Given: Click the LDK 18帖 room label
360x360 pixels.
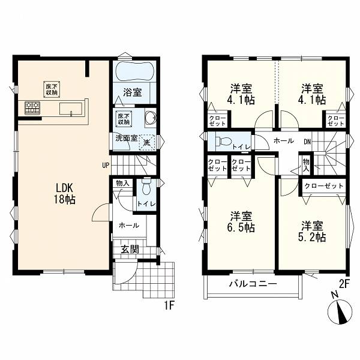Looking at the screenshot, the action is pyautogui.click(x=65, y=194).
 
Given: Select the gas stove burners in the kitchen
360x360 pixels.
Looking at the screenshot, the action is pyautogui.click(x=32, y=107).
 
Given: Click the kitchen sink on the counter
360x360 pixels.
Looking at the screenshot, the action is pyautogui.click(x=71, y=109).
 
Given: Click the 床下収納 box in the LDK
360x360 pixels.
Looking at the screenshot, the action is pyautogui.click(x=52, y=89).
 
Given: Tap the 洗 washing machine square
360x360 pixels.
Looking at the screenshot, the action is pyautogui.click(x=147, y=142).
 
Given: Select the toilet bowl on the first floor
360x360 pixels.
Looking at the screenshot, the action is pyautogui.click(x=146, y=187).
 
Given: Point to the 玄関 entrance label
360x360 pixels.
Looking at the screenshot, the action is pyautogui.click(x=130, y=249).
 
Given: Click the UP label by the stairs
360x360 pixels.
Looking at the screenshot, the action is pyautogui.click(x=106, y=166).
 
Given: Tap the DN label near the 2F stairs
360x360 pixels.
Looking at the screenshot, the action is pyautogui.click(x=307, y=142).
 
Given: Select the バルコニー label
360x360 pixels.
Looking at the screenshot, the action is pyautogui.click(x=253, y=284).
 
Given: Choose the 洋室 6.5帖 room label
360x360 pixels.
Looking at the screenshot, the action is pyautogui.click(x=242, y=222).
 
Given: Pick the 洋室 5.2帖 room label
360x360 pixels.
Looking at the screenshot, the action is pyautogui.click(x=312, y=231).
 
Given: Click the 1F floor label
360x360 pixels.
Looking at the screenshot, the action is pyautogui.click(x=169, y=306).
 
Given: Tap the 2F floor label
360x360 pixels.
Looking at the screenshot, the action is pyautogui.click(x=344, y=284).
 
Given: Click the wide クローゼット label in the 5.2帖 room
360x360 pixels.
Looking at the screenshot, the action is pyautogui.click(x=324, y=186).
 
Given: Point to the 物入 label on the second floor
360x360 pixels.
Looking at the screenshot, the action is pyautogui.click(x=306, y=166).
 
